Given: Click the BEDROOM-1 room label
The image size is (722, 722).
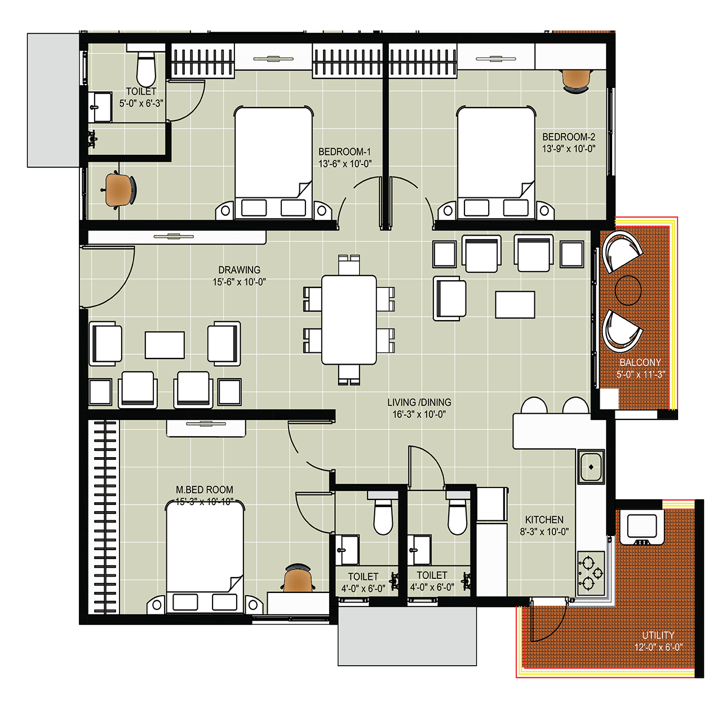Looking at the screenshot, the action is coord(344,152).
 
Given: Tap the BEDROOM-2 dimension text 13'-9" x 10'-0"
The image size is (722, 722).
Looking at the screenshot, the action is coord(568,149).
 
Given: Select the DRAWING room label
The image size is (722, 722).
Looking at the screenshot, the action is coord(239,270).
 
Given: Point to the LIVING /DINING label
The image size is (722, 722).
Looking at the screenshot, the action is coord(419,402).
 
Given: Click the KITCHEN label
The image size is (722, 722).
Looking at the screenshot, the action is coord(544,520).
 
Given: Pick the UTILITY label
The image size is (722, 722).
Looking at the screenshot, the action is coord(658,635).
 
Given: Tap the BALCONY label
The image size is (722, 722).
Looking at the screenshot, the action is coord(640,362).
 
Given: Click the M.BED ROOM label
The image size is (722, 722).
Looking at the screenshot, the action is coord(204,490).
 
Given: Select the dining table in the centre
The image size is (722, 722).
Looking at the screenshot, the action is coord(349,320).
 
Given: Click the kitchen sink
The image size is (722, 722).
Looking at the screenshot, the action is coord(591,467).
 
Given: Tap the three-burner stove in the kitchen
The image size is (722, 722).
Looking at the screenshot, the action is coord(591,573).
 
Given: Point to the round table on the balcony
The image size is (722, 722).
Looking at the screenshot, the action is coord(628,290).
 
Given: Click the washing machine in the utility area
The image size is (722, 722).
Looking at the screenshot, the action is coord(642,526).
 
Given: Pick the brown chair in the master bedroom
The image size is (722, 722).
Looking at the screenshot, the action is coord(298,578).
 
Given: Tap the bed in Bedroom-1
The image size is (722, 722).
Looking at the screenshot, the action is coord(273,163).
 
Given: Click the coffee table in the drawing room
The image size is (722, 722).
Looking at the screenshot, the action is coord(165,345).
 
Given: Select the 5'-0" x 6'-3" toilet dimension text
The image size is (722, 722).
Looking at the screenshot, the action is coord(141,103).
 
